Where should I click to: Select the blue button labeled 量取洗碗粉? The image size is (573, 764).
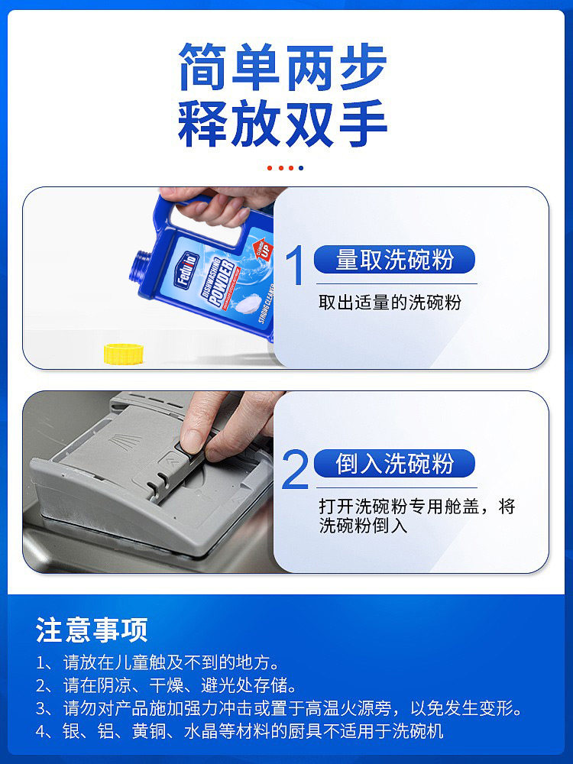tap(394, 260)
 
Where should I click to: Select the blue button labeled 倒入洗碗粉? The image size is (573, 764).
tap(394, 464)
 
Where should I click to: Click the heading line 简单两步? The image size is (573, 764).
tap(283, 67)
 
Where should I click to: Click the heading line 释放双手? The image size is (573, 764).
tap(283, 124)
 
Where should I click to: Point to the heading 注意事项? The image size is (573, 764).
tap(92, 630)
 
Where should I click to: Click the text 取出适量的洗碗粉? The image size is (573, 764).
tap(390, 303)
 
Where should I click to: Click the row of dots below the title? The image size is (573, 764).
tap(286, 167)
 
